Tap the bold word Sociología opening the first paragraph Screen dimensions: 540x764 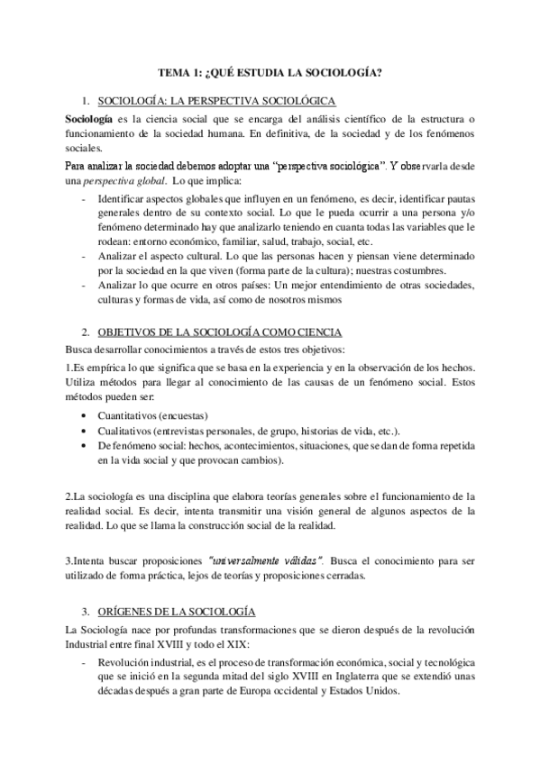[88, 118]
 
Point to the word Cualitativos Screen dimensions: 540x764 [131, 432]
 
